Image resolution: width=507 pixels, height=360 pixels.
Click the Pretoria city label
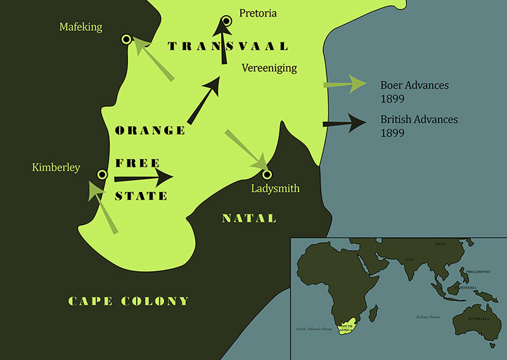tap(258, 13)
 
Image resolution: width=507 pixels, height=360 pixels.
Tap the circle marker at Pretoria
tap(226, 22)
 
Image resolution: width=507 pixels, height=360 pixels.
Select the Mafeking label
tap(80, 27)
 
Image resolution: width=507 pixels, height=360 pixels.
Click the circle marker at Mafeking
tap(127, 40)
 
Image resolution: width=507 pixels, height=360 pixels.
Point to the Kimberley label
tap(56, 167)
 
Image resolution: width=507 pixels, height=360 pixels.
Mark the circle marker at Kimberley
tap(101, 174)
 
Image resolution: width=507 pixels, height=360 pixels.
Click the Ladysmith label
tap(275, 188)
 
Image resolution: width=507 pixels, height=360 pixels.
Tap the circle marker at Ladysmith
tap(267, 174)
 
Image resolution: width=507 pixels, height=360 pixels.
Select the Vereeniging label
tap(269, 68)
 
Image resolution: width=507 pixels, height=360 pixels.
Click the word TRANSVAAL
tap(228, 46)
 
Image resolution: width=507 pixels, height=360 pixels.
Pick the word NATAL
tap(249, 219)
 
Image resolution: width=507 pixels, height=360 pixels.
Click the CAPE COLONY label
tap(129, 301)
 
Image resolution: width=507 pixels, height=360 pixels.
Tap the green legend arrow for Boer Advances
tap(344, 84)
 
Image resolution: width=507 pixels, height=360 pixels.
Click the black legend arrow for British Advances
tap(344, 123)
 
